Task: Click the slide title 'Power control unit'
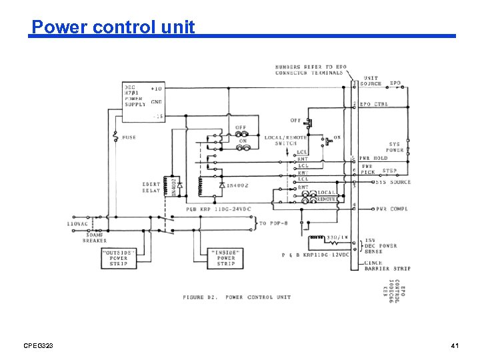(113, 27)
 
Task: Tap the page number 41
(455, 345)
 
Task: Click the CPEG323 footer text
(38, 345)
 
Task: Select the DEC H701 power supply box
(143, 101)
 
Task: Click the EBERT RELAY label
(151, 187)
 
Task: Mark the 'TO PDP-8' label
(273, 223)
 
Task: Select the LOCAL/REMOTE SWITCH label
(285, 141)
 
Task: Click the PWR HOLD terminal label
(374, 159)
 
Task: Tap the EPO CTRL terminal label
(374, 104)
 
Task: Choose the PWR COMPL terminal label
(391, 209)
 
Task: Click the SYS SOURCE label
(393, 182)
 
